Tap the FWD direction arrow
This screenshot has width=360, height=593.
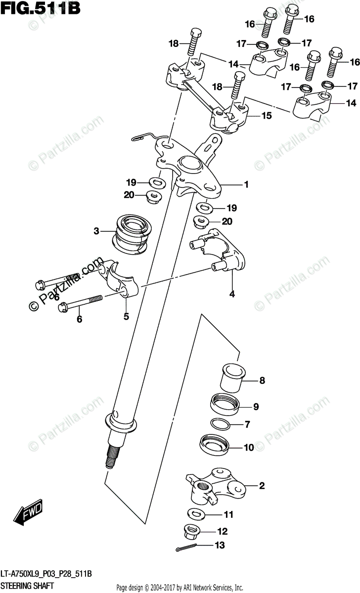coord(29,514)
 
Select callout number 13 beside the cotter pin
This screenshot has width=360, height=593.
coord(220,546)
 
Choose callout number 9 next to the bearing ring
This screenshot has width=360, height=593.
coord(256,407)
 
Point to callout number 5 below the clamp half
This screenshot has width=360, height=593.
coord(126,316)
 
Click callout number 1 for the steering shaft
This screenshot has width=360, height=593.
coord(245,185)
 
